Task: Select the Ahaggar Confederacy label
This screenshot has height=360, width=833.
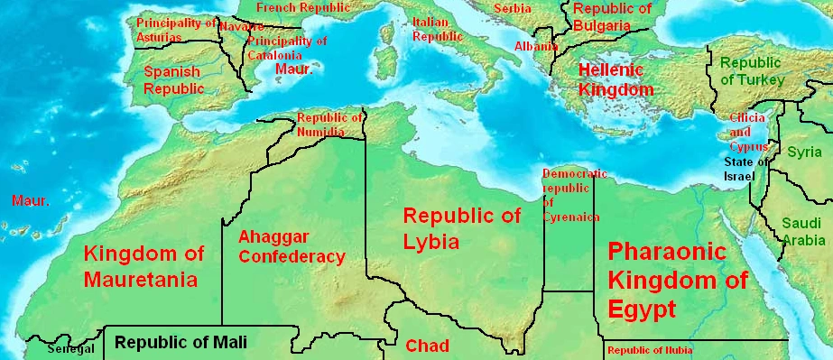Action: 291,247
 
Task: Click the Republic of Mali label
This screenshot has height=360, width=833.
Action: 180,343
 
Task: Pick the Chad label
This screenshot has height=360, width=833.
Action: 427,346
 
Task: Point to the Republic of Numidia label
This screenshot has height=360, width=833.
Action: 329,125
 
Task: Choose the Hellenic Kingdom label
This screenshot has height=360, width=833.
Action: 615,79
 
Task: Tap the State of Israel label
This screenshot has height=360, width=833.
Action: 745,169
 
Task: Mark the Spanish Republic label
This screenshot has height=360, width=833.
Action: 173,80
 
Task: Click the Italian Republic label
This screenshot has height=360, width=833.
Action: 436,29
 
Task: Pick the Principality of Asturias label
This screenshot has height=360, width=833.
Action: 175,29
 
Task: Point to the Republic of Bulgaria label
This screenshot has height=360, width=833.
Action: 612,17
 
